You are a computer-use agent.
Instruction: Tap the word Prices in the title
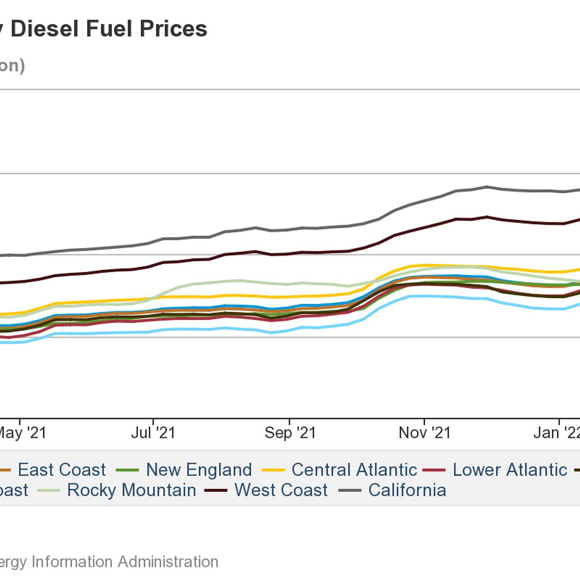[x=173, y=29]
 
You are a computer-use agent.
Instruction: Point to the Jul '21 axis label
[x=153, y=433]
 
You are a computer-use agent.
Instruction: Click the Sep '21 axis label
[x=290, y=433]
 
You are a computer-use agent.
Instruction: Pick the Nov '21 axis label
[x=425, y=433]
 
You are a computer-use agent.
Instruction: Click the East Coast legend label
[x=62, y=470]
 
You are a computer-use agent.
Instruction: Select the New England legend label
[x=199, y=470]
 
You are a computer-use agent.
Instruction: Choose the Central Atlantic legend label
[x=354, y=470]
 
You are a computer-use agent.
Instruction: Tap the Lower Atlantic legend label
[x=510, y=470]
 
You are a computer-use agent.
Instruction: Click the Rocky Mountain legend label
[x=132, y=490]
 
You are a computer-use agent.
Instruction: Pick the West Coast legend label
[x=281, y=490]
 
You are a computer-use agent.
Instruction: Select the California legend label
[x=407, y=490]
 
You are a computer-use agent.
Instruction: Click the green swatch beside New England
[x=127, y=470]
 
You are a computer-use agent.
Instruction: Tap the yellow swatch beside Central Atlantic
[x=273, y=470]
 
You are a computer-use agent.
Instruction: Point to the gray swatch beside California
[x=350, y=491]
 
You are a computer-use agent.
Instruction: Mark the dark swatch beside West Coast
[x=216, y=491]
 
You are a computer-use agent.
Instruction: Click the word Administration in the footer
[x=168, y=562]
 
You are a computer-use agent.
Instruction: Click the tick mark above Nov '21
[x=424, y=422]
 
